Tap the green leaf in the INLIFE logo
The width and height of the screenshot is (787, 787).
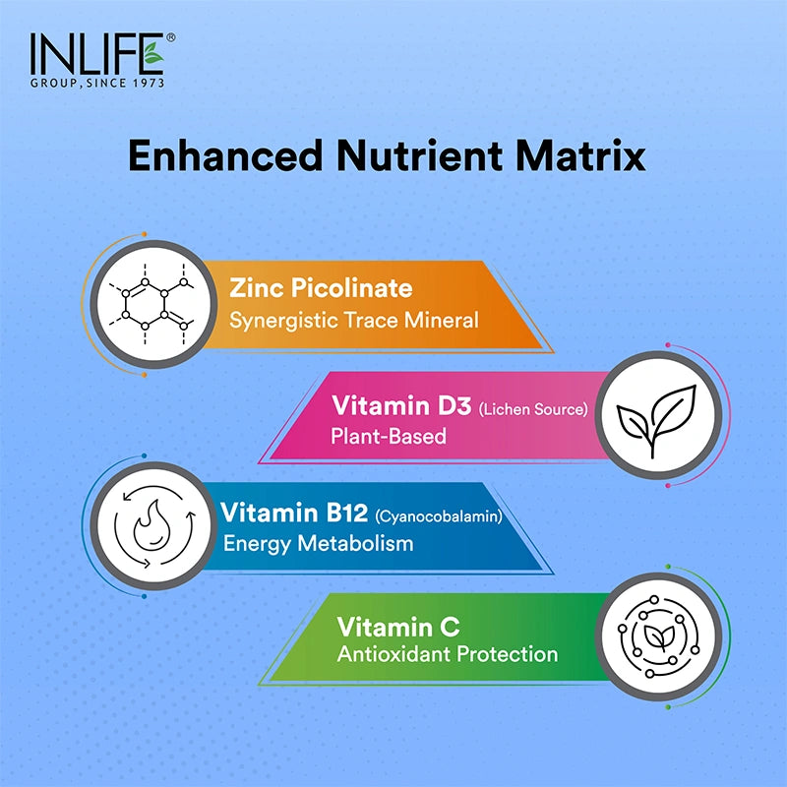coord(153,56)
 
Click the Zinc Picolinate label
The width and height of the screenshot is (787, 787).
coord(321,289)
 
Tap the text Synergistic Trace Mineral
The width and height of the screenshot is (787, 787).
coord(354,320)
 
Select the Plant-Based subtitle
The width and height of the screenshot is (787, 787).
coord(390,436)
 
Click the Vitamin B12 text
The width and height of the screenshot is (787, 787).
coord(294,514)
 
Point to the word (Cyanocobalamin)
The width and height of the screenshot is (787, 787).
coord(438,515)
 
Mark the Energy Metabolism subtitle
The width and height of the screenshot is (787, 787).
coord(318,543)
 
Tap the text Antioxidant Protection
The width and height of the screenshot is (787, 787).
coord(448,654)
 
